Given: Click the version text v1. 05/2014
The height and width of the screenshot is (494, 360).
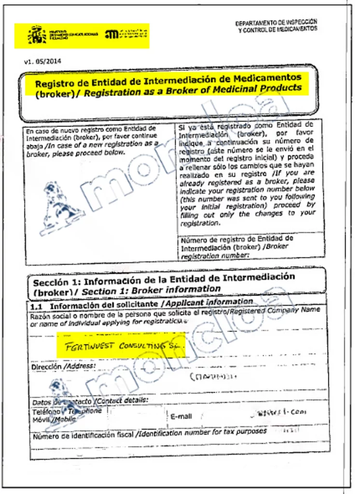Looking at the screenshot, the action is (42, 61).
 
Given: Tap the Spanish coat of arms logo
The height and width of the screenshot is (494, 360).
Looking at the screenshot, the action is (37, 35).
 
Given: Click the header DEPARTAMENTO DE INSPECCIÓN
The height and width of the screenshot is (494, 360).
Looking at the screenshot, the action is (276, 23).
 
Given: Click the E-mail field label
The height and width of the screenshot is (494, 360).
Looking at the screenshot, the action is (181, 416).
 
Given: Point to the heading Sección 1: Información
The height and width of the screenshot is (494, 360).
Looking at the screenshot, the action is (87, 281).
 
